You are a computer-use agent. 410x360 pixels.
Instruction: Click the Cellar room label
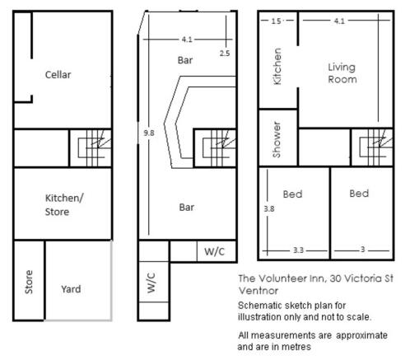tap(58, 75)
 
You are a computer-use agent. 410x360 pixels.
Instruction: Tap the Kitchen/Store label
tap(64, 205)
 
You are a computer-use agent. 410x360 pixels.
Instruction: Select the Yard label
tap(71, 289)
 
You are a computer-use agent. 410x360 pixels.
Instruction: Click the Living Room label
tap(342, 73)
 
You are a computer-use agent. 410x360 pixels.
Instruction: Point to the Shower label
tap(277, 140)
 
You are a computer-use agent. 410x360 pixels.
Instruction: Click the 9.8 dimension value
tap(149, 133)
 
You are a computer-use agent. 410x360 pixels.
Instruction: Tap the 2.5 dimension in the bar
tap(225, 54)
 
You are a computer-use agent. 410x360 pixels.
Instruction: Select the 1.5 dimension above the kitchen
tap(276, 21)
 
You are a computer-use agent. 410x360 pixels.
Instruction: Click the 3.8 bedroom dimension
tap(269, 208)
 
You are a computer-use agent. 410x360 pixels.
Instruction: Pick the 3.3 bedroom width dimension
tap(298, 250)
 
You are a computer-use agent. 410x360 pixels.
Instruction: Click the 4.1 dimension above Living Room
tap(339, 21)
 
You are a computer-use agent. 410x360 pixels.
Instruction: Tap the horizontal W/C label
tap(214, 251)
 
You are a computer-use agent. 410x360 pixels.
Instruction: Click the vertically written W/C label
tap(151, 283)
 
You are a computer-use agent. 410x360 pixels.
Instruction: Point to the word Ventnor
tap(259, 291)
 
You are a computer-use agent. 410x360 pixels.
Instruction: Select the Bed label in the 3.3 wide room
tap(293, 194)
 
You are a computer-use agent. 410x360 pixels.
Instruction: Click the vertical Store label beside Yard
tap(29, 282)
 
